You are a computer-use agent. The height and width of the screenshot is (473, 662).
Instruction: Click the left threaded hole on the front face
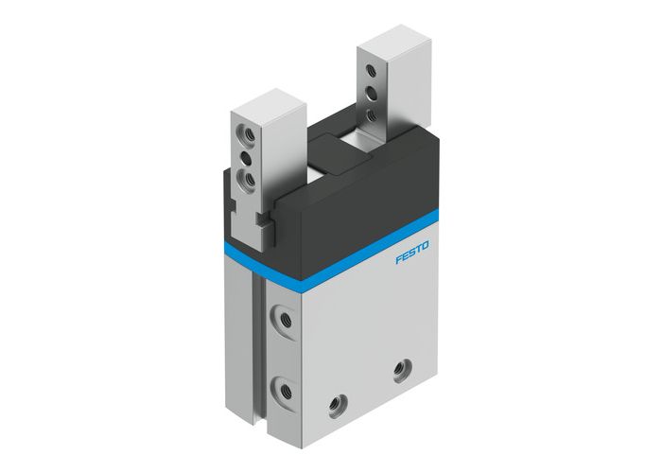click(336, 407)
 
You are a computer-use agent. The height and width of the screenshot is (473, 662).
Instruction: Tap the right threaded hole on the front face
click(400, 367)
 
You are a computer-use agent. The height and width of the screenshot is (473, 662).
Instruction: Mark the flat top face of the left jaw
click(270, 101)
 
